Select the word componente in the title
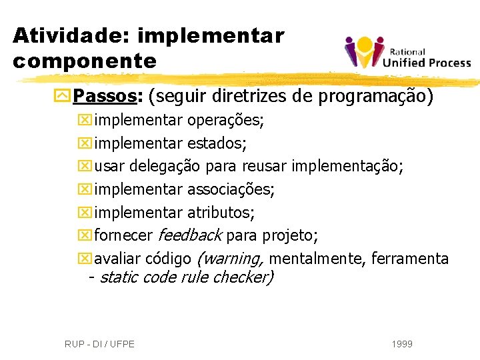point(84,61)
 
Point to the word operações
point(225,121)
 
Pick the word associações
point(231,189)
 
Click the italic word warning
point(231,259)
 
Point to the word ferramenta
point(409,259)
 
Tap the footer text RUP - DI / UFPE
point(99,344)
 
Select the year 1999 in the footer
point(402,344)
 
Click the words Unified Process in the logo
point(427,63)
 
